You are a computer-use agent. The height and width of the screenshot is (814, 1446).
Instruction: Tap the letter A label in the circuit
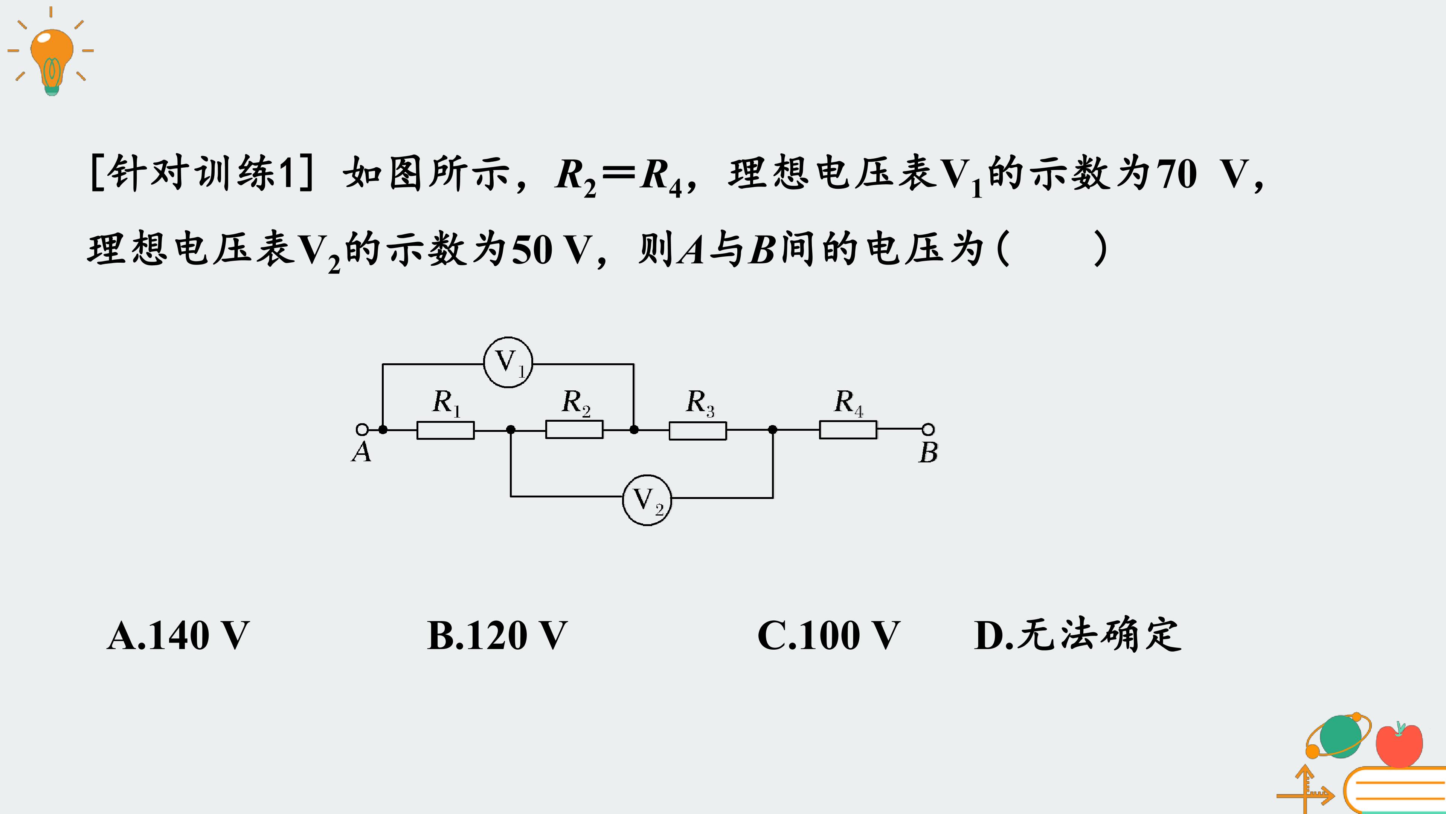[x=361, y=452]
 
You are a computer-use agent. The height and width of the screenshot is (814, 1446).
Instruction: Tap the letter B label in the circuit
[x=928, y=452]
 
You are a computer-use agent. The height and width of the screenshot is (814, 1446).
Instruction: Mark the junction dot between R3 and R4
[x=773, y=430]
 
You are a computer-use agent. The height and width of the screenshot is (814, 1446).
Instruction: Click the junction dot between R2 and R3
[x=634, y=430]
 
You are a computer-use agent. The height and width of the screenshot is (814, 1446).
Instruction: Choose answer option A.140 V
[x=178, y=635]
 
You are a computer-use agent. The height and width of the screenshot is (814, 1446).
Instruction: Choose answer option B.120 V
[x=497, y=635]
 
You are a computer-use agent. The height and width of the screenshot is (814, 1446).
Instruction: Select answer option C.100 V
[x=828, y=635]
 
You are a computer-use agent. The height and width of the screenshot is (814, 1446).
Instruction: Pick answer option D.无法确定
[x=1078, y=635]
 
